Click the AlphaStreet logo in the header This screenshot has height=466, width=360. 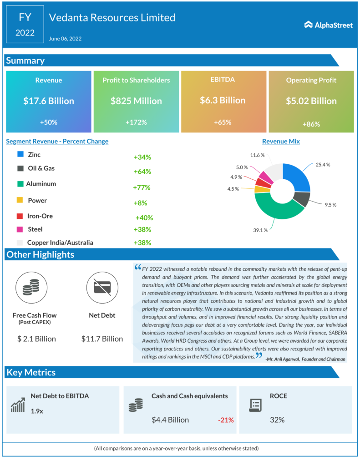click(328, 25)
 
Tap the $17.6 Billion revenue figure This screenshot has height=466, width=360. click(49, 101)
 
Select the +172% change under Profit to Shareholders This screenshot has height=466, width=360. click(136, 122)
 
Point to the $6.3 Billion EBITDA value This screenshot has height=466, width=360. click(223, 100)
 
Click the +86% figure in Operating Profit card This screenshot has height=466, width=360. click(311, 124)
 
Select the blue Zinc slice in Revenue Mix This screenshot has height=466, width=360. click(298, 177)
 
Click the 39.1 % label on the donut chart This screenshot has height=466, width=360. click(261, 231)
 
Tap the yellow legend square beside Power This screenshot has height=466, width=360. click(20, 200)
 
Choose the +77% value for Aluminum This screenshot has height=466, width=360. click(142, 187)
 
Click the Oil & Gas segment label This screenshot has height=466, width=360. click(41, 168)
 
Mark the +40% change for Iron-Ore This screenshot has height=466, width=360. click(144, 218)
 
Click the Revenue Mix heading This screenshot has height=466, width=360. click(281, 141)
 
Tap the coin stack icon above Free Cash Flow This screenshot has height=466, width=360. click(31, 286)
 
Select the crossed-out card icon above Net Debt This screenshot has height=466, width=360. click(101, 286)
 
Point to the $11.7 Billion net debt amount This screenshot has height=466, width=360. click(102, 339)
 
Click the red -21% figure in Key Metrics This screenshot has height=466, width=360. click(225, 420)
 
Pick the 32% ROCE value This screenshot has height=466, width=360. click(277, 420)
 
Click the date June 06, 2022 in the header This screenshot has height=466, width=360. click(65, 39)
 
